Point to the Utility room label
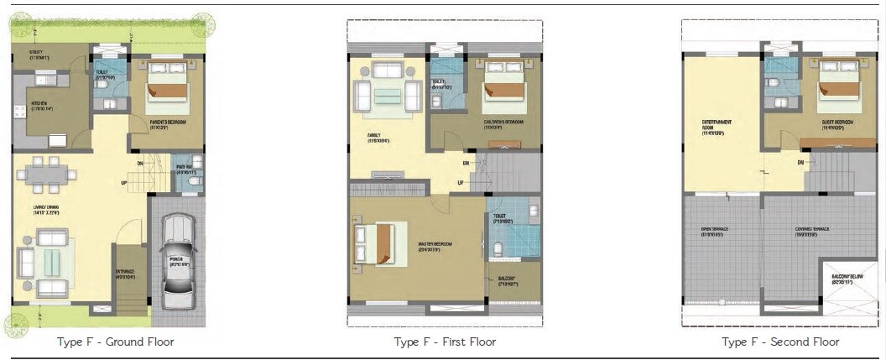[x=28, y=55]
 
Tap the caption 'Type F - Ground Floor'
[x=116, y=342]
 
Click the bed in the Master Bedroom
[x=375, y=244]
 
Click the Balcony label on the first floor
[x=506, y=281]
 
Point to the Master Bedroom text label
[x=435, y=246]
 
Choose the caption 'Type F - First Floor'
[x=445, y=342]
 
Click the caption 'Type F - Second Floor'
[x=780, y=342]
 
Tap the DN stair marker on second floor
[x=801, y=162]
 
